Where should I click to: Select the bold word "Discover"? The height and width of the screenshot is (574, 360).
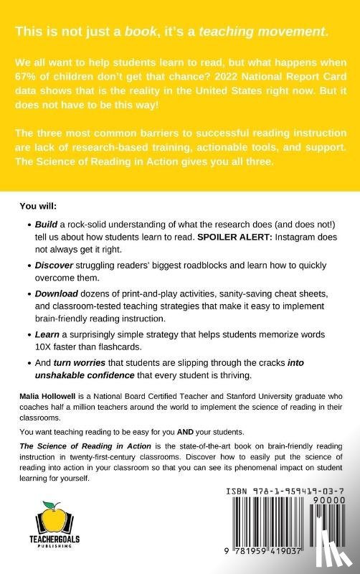pyautogui.click(x=57, y=265)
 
